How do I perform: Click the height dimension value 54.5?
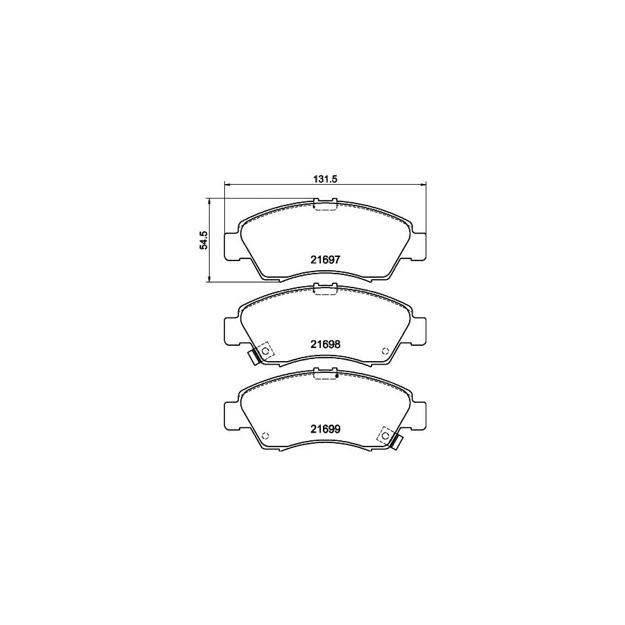coord(203,240)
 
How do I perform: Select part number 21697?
coord(324,259)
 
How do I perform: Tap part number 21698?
coord(324,344)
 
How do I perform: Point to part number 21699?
coord(324,429)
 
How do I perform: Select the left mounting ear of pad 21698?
coord(231,330)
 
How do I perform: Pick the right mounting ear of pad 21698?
coord(418,330)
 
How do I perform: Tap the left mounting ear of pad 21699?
coord(231,416)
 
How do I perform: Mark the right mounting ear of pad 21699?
coord(418,416)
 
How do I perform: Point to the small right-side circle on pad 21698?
coord(385,350)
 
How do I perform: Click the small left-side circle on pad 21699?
coord(265,435)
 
